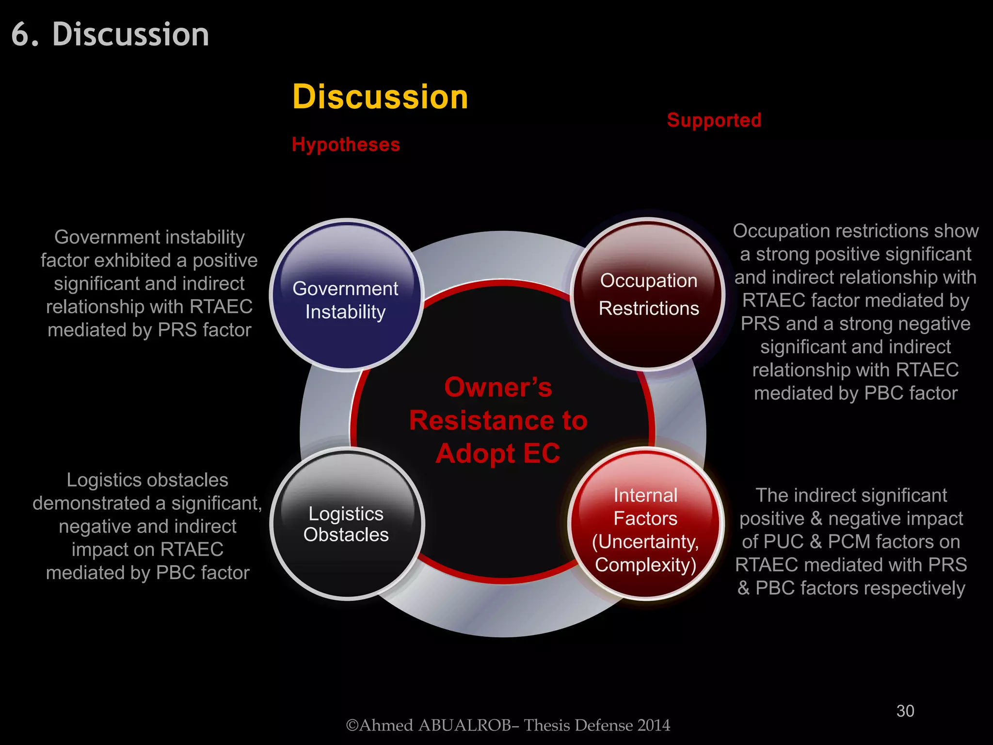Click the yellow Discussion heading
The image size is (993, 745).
tap(380, 97)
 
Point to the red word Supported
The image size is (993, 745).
tap(714, 120)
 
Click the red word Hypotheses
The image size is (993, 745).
tap(346, 145)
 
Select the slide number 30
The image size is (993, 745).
tap(905, 711)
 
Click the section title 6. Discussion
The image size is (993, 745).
tap(111, 35)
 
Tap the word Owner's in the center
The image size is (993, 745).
tap(498, 388)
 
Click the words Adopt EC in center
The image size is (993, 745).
tap(498, 453)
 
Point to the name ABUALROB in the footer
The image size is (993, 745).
tap(464, 725)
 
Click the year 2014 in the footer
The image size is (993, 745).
tap(654, 725)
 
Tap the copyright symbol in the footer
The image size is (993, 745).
tap(352, 725)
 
